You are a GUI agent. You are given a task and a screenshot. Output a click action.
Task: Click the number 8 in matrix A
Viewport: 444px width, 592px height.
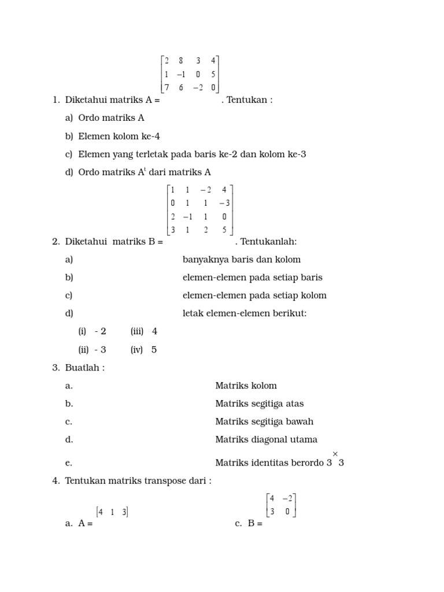point(181,60)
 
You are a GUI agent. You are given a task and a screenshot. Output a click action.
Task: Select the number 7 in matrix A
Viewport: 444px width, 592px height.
point(166,87)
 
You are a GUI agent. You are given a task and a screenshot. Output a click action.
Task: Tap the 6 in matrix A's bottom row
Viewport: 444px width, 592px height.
point(181,87)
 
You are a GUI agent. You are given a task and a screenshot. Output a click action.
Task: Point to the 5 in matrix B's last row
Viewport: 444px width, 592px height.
point(224,230)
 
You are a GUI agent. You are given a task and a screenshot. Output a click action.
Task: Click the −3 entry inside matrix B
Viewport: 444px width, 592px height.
point(224,203)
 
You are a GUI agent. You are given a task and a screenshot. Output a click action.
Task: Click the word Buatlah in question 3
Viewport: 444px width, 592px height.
point(83,368)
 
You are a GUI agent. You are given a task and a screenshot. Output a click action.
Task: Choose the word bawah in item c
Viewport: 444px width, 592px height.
point(300,421)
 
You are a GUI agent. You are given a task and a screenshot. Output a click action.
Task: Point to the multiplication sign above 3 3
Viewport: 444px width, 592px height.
point(335,454)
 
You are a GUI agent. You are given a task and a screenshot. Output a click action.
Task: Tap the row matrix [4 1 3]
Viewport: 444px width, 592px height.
point(112,512)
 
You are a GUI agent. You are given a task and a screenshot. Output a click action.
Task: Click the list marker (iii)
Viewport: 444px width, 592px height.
point(137,331)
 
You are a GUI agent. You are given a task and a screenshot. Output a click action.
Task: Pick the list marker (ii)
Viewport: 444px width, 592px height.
point(83,350)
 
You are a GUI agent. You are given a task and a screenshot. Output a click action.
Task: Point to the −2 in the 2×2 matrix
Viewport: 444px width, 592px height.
point(287,498)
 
